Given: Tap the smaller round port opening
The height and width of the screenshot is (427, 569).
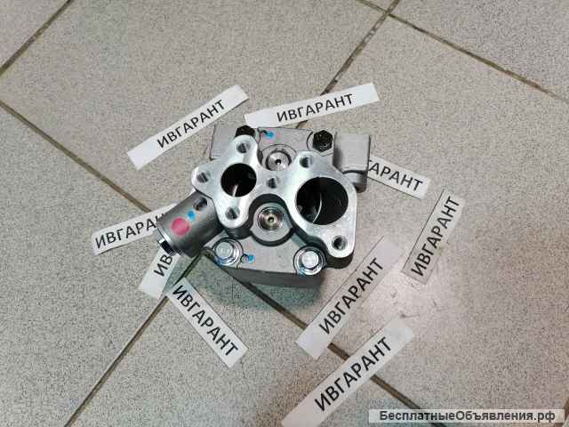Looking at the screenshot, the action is click(239, 179).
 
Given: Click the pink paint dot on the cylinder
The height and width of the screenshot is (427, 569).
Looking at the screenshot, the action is click(180, 226).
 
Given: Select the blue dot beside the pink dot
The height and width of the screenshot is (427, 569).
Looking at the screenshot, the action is click(192, 215).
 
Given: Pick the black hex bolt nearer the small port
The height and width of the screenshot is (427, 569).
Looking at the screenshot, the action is click(246, 132).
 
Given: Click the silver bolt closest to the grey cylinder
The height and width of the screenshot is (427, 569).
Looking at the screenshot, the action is click(226, 250).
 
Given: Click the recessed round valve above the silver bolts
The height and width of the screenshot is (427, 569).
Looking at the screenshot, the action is click(270, 218).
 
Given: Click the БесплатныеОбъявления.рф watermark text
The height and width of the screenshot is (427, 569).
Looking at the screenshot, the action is click(467, 415).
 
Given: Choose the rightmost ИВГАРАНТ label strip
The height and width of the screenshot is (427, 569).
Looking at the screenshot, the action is click(434, 235).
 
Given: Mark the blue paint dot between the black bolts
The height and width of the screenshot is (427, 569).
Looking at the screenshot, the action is click(268, 135).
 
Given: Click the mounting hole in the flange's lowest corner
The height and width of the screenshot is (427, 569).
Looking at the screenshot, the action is click(338, 243).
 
